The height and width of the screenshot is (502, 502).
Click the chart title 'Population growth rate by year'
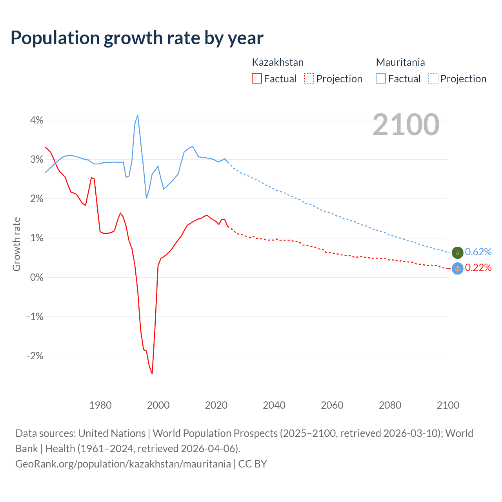(137, 38)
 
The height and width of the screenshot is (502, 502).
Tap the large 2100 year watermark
(406, 125)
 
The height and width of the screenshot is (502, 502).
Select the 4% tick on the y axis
(36, 120)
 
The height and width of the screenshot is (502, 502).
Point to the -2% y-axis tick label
(35, 356)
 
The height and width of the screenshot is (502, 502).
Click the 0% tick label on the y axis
(36, 277)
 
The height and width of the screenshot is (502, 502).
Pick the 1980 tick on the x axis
(100, 405)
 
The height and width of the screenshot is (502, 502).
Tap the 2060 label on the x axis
(332, 405)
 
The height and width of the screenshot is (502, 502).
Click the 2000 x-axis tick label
(158, 405)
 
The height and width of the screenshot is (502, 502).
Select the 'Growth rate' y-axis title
(16, 244)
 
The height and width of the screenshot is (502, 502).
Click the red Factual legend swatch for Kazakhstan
(256, 79)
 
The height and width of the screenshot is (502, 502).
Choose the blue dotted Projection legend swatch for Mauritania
(433, 79)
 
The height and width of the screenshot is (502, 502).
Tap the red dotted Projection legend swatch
(309, 79)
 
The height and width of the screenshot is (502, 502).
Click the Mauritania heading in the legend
(400, 62)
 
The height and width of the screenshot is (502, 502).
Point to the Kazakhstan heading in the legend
(277, 62)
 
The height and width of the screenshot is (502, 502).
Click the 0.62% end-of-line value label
(478, 252)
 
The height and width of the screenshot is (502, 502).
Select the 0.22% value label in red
(478, 268)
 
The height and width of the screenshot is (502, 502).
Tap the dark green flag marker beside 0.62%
(457, 253)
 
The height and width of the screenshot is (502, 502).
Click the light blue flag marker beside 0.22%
(457, 268)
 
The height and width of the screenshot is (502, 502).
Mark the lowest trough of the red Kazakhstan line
(152, 373)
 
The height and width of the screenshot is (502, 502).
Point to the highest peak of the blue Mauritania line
(138, 115)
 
